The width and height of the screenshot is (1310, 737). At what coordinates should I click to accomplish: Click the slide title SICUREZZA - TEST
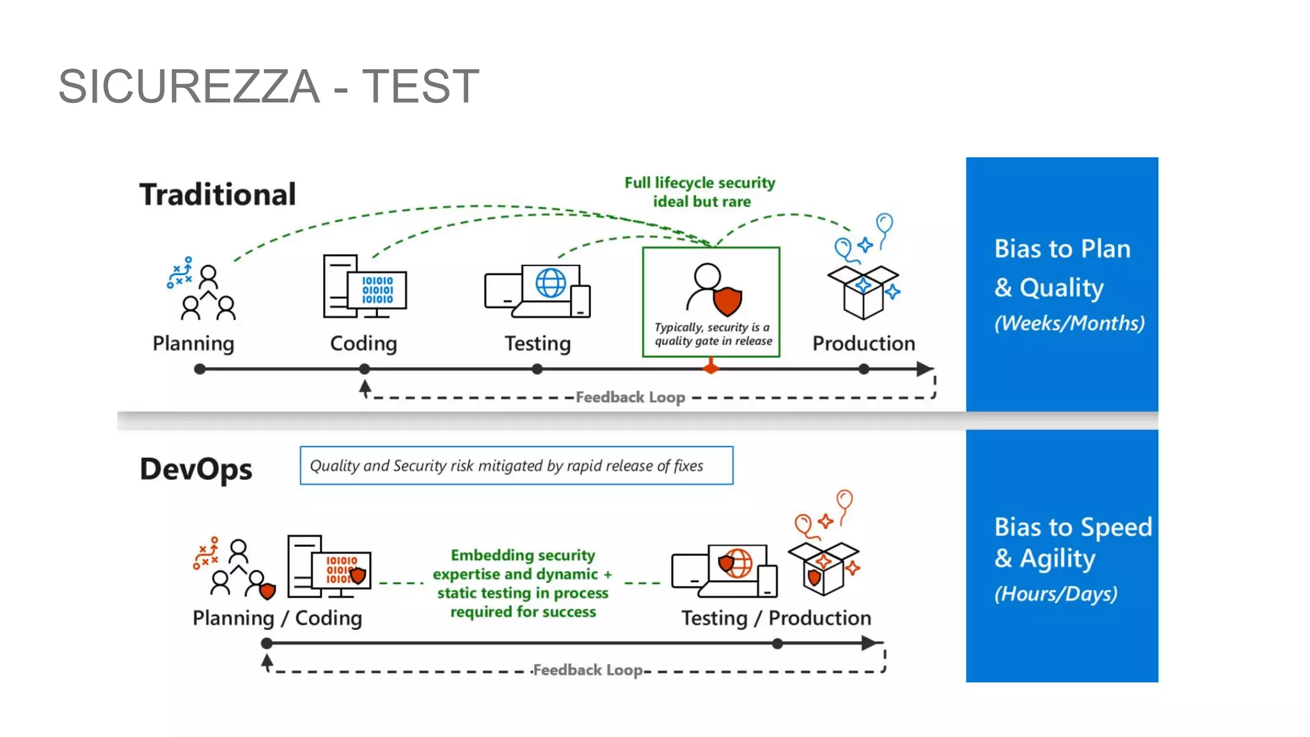pyautogui.click(x=269, y=86)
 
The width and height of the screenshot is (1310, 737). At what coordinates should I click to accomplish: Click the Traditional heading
pyautogui.click(x=217, y=194)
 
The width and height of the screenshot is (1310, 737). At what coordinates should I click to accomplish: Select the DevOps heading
pyautogui.click(x=196, y=469)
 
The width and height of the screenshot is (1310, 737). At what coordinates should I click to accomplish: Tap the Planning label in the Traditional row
pyautogui.click(x=193, y=344)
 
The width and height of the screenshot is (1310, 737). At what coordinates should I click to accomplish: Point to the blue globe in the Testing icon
pyautogui.click(x=550, y=282)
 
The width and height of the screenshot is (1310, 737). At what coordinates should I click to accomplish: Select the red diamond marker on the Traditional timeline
pyautogui.click(x=711, y=368)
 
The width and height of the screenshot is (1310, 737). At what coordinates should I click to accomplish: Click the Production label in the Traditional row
pyautogui.click(x=864, y=344)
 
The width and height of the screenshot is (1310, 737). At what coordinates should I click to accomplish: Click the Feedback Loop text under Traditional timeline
pyautogui.click(x=630, y=397)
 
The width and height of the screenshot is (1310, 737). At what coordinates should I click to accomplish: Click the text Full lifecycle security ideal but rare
pyautogui.click(x=700, y=192)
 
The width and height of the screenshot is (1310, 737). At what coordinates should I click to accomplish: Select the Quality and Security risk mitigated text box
pyautogui.click(x=516, y=466)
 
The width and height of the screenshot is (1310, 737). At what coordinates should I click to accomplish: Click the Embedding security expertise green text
pyautogui.click(x=523, y=583)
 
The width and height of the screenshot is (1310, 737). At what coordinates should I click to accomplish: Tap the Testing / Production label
pyautogui.click(x=776, y=618)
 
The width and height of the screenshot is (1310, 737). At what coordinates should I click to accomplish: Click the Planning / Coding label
pyautogui.click(x=277, y=618)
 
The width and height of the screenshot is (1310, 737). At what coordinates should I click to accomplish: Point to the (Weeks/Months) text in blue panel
pyautogui.click(x=1069, y=323)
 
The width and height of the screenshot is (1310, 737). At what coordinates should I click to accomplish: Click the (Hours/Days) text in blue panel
pyautogui.click(x=1055, y=594)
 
